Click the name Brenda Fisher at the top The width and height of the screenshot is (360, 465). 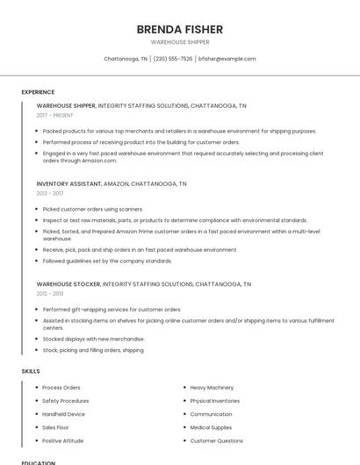click(180, 28)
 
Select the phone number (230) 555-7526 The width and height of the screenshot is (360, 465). click(173, 59)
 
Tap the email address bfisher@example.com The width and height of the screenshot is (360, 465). click(227, 59)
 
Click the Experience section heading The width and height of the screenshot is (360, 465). click(38, 92)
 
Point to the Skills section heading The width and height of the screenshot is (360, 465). click(31, 371)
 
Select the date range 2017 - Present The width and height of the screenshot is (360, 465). click(54, 115)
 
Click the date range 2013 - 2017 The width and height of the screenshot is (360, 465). click(50, 193)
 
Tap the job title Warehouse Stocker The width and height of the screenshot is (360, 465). click(68, 284)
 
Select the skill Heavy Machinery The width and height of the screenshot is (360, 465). click(212, 387)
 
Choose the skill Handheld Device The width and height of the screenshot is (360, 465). click(63, 414)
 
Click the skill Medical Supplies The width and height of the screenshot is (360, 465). click(212, 427)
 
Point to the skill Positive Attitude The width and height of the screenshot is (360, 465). click(62, 440)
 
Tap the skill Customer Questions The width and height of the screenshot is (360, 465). click(216, 440)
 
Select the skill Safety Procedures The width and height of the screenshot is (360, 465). click(65, 401)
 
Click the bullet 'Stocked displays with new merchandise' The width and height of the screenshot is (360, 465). click(93, 339)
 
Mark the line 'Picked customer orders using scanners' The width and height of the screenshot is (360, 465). click(92, 209)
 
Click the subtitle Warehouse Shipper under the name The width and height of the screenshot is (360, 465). click(180, 41)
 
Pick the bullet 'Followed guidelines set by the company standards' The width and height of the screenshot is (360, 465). click(107, 261)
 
